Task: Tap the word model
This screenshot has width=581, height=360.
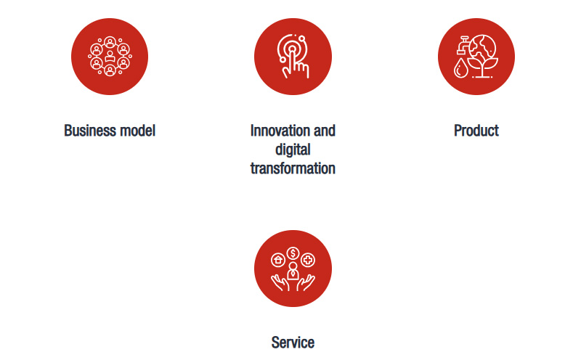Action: pos(138,131)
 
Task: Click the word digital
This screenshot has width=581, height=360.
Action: pos(293,150)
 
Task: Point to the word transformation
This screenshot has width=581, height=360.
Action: pos(293,168)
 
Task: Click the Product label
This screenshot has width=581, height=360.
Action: pos(476,131)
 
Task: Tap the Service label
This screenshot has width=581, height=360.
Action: pos(293,343)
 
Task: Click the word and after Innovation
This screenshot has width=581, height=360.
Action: pos(324,131)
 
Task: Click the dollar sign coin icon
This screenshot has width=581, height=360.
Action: pos(293,253)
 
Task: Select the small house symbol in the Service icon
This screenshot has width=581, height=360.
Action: pos(278,260)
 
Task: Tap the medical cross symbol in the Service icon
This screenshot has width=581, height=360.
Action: pos(308,260)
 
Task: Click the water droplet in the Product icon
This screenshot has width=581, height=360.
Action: pos(461,67)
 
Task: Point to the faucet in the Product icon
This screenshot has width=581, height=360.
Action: pos(463,45)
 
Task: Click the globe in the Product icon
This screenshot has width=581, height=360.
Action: pos(482,48)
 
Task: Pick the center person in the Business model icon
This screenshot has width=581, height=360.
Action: pos(110,57)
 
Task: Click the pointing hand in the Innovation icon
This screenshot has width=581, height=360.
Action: pos(295,65)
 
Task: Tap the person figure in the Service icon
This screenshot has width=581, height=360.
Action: pos(293,271)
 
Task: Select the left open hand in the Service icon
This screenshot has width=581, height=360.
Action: pos(280,282)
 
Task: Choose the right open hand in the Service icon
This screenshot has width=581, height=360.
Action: pos(306,282)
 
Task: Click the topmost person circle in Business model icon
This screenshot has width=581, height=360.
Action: pos(110,43)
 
